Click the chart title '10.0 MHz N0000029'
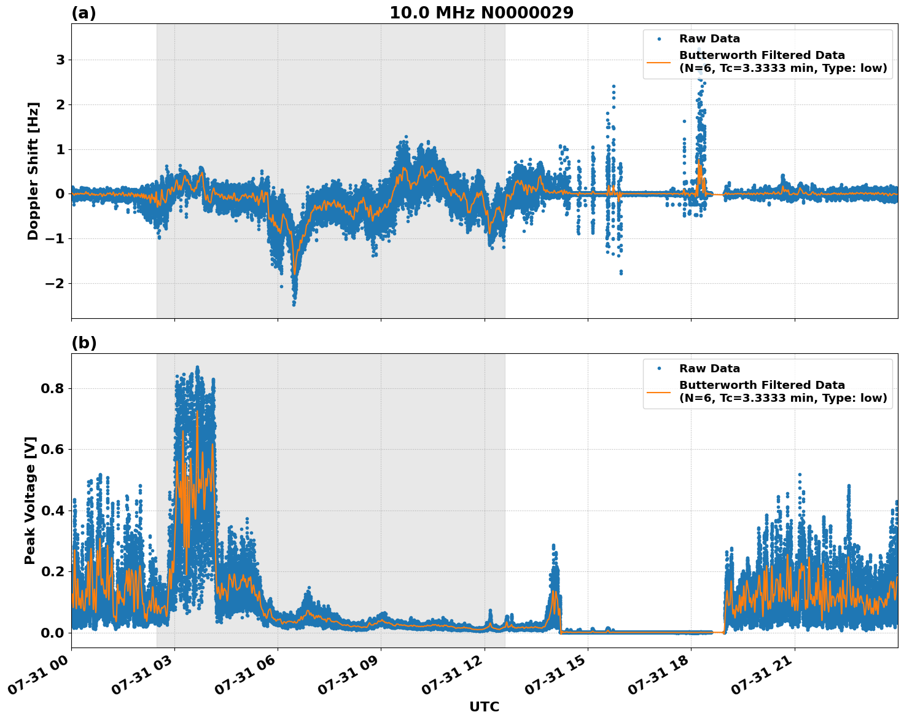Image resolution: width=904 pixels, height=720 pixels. [481, 13]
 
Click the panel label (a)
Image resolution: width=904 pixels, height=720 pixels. [84, 13]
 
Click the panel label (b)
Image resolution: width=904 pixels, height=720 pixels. [84, 343]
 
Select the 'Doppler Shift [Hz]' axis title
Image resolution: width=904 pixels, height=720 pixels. [33, 171]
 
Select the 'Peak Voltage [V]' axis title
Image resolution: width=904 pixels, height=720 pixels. [30, 500]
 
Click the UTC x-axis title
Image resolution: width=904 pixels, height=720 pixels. [484, 706]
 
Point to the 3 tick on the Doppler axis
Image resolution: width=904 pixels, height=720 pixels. [60, 60]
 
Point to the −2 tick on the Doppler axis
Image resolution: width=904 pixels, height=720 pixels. [55, 284]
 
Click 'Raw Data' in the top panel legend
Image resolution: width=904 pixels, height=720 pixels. [709, 39]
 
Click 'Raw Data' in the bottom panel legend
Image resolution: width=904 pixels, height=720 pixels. [709, 369]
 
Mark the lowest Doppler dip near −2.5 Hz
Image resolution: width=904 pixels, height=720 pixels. [294, 303]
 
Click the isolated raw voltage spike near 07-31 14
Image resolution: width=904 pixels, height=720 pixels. [553, 546]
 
